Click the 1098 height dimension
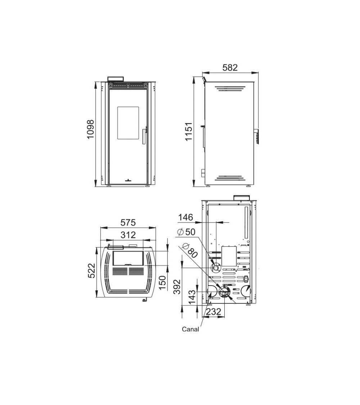click(91, 129)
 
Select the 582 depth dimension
click(230, 67)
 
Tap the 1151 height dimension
click(189, 131)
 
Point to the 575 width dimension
click(128, 222)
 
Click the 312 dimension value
click(128, 235)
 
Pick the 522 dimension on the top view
click(91, 270)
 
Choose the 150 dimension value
click(162, 283)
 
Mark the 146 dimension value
click(186, 217)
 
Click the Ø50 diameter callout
click(186, 232)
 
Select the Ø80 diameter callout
click(190, 250)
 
